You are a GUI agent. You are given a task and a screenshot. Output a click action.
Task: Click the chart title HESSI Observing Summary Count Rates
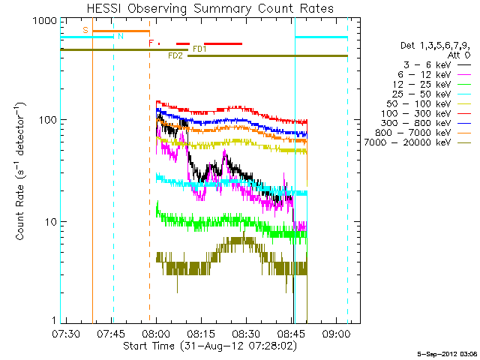pyautogui.click(x=209, y=8)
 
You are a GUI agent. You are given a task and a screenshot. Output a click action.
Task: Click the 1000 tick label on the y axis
pyautogui.click(x=44, y=21)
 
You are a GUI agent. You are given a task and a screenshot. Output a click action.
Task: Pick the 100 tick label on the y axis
pyautogui.click(x=47, y=120)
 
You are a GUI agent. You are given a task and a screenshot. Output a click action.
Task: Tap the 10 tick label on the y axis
pyautogui.click(x=49, y=222)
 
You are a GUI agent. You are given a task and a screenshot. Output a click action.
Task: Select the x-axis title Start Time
pyautogui.click(x=209, y=346)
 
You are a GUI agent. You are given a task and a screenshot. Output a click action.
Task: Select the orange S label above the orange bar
pyautogui.click(x=85, y=30)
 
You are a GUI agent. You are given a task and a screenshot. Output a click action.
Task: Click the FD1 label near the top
pyautogui.click(x=199, y=49)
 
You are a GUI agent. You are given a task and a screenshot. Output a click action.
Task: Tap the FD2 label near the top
pyautogui.click(x=175, y=55)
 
